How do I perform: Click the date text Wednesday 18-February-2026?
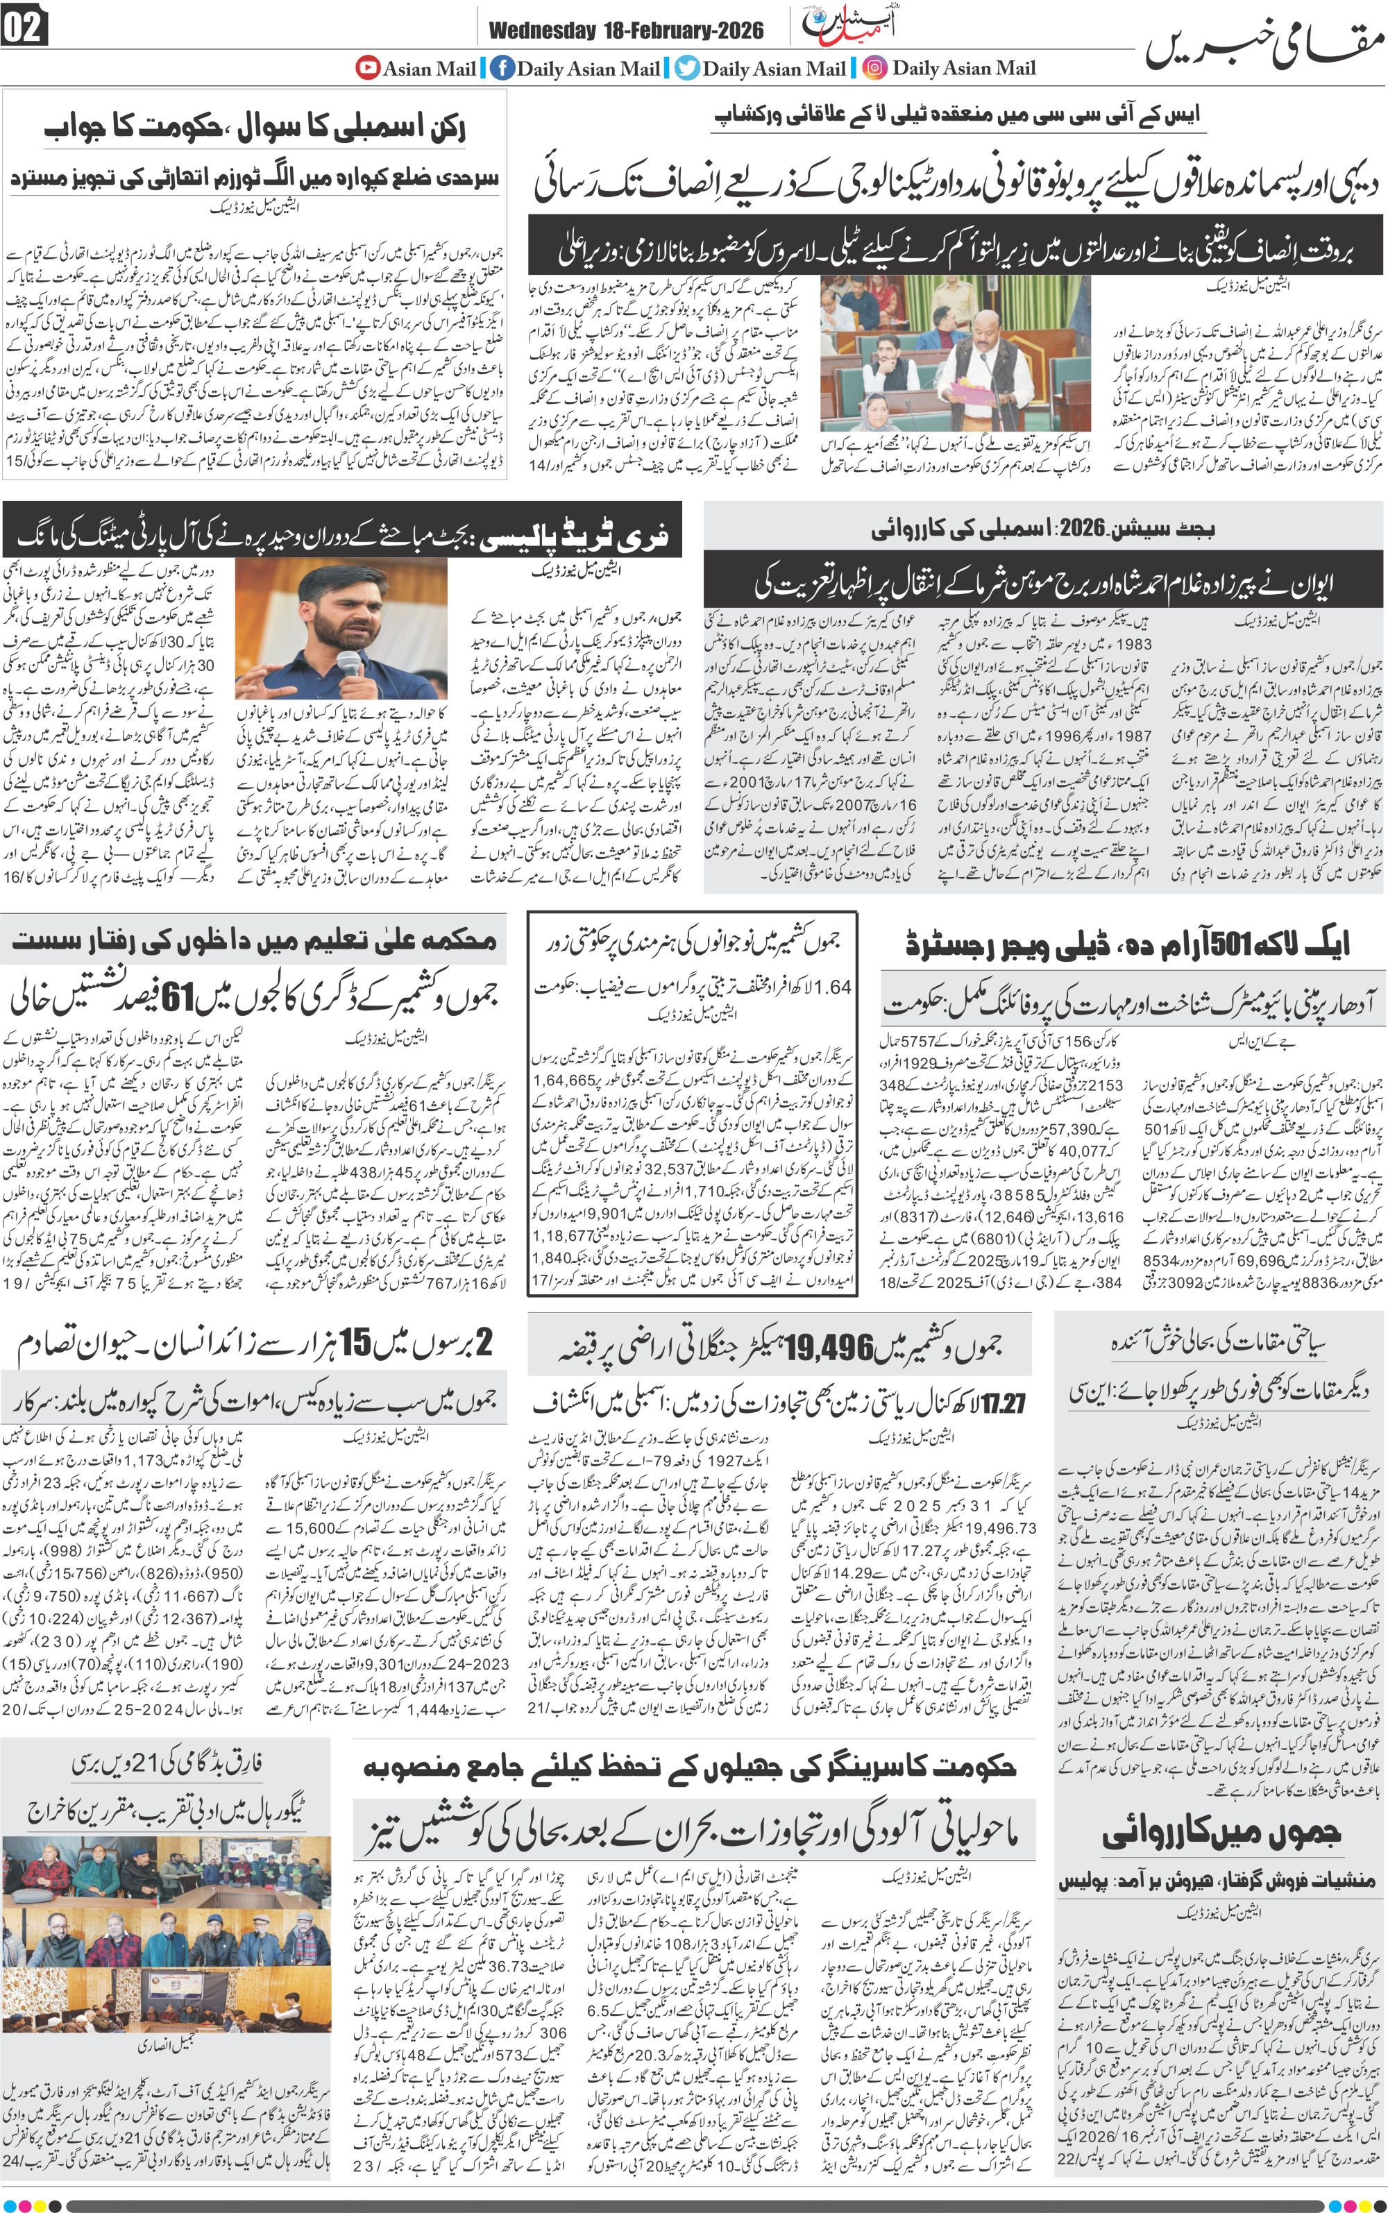[626, 31]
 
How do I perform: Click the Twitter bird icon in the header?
[686, 68]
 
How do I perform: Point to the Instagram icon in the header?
[875, 68]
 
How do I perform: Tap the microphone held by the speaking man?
[349, 663]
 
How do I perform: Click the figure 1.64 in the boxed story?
[833, 987]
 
